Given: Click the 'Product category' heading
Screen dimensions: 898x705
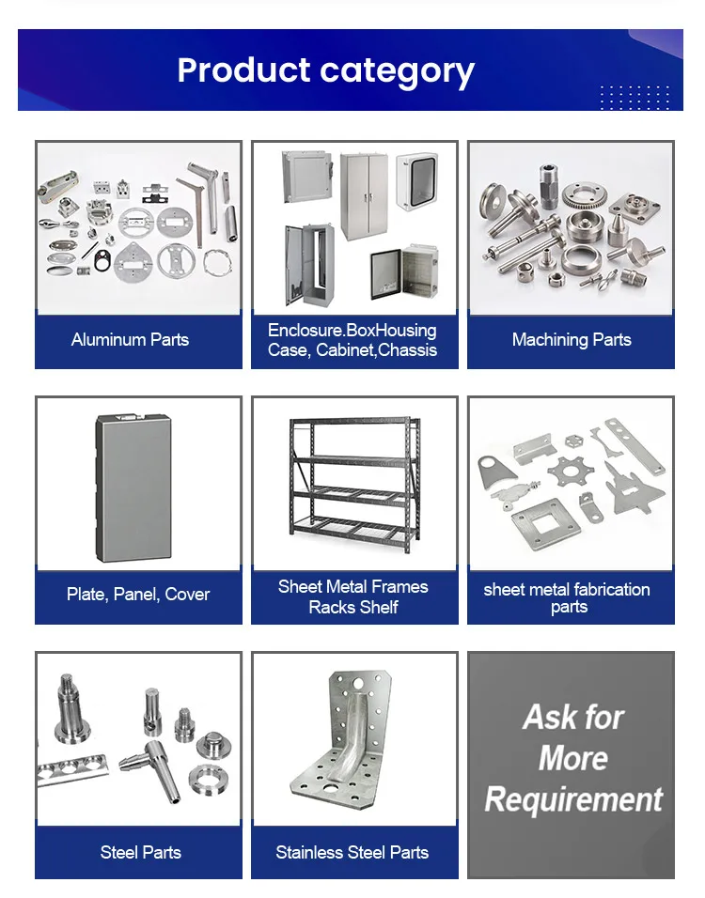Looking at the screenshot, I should [x=325, y=70].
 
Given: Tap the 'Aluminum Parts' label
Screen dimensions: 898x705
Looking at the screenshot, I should [x=130, y=340].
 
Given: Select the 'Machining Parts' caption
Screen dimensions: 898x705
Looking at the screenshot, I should [x=572, y=340].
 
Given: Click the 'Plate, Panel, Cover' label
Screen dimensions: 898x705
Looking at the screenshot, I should [x=138, y=595].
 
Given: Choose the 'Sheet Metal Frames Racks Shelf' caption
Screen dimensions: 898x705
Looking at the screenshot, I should [x=353, y=597].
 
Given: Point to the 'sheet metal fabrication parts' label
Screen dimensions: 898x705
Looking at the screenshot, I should [x=567, y=597].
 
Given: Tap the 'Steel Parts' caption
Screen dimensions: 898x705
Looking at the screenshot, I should [x=140, y=853].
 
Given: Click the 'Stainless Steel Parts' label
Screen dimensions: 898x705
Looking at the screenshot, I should [x=352, y=853].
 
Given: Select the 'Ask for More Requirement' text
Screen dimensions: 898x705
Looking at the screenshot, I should [x=572, y=759].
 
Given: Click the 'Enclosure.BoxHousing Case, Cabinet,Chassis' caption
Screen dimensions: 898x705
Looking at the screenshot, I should [x=352, y=340].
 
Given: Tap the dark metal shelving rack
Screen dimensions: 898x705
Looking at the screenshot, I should [x=352, y=486].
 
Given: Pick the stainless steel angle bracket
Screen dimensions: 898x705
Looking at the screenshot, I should [x=354, y=742].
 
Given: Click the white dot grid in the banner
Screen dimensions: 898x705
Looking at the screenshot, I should [x=634, y=97].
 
